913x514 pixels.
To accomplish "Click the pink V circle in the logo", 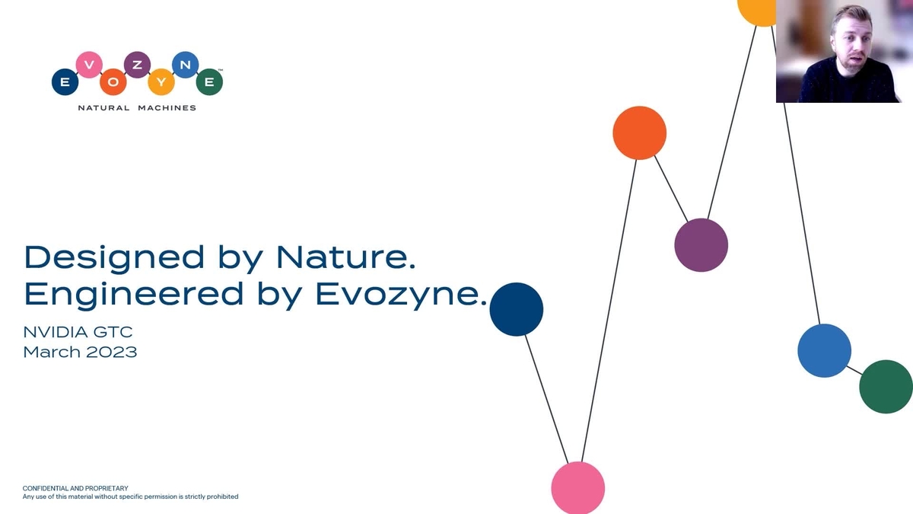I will click(89, 65).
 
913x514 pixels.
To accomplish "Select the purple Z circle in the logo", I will click(137, 65).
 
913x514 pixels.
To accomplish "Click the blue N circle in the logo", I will click(185, 65).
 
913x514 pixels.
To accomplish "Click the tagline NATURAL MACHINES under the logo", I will click(137, 107).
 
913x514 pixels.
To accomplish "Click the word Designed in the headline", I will click(114, 257).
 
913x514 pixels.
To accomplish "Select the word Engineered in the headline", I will click(134, 294).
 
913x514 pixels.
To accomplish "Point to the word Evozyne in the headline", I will click(399, 294).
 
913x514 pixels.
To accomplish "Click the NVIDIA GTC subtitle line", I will click(78, 332).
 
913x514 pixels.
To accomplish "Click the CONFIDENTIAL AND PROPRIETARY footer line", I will click(75, 488).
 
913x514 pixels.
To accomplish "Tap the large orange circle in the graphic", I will click(639, 132).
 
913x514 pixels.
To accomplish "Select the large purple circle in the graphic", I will click(701, 245).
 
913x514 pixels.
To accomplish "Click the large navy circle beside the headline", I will click(516, 309).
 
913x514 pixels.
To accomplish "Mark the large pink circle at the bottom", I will click(577, 487).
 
